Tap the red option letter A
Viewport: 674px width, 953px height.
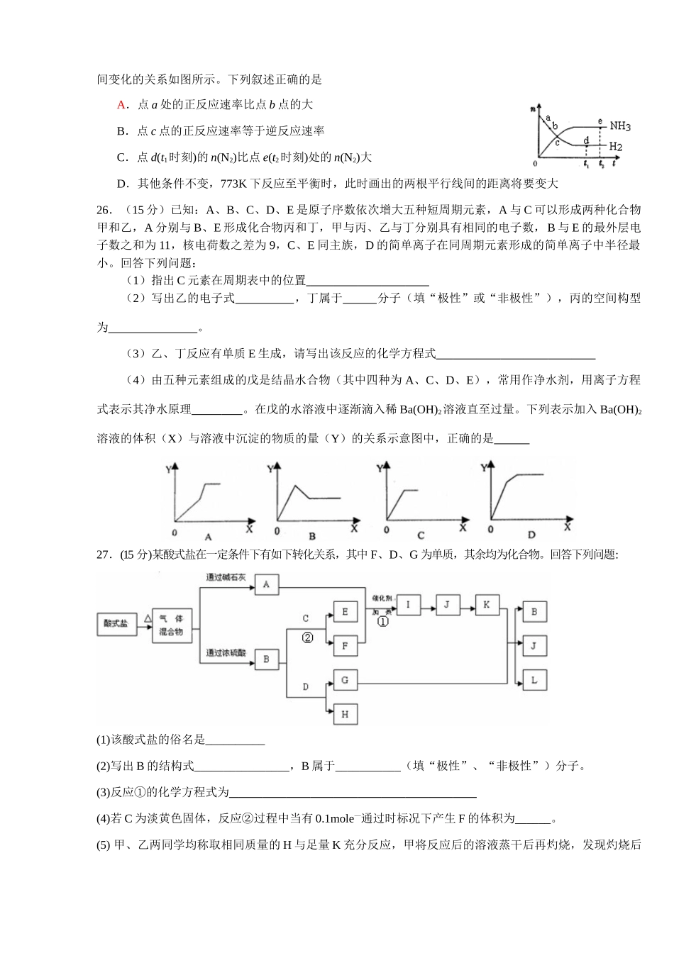(121, 104)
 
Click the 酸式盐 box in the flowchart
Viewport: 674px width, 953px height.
(116, 624)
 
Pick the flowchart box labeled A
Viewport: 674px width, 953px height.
(266, 584)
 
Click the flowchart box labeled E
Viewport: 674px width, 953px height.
(345, 612)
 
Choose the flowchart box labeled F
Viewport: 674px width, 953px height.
(345, 646)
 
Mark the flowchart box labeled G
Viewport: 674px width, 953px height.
(345, 681)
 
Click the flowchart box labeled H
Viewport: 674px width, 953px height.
(345, 714)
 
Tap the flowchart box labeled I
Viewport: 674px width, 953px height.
(408, 605)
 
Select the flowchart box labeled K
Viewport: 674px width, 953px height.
(486, 605)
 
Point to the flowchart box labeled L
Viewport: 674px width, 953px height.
(534, 680)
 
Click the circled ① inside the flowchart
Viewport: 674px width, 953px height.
(382, 622)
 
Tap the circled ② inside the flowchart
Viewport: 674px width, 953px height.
(307, 637)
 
